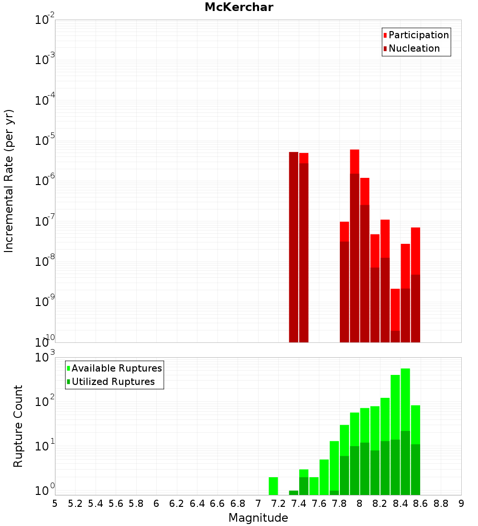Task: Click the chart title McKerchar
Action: click(x=239, y=7)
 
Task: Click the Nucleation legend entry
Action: click(x=414, y=48)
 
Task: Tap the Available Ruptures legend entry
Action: click(x=117, y=368)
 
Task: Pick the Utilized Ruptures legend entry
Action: click(x=113, y=382)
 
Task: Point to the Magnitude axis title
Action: click(x=258, y=518)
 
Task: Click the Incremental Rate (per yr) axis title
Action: click(x=9, y=181)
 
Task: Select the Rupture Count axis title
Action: click(x=18, y=426)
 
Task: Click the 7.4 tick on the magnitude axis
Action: click(x=299, y=504)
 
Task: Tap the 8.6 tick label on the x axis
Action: click(x=421, y=504)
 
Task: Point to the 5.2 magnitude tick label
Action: click(x=75, y=504)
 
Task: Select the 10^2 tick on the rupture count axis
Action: click(x=45, y=402)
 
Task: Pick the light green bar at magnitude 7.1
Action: click(x=273, y=486)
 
